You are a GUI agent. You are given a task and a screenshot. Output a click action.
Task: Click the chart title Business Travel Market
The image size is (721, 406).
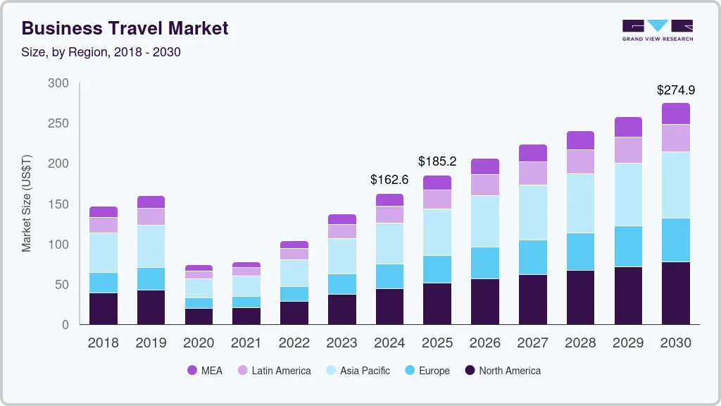(x=125, y=28)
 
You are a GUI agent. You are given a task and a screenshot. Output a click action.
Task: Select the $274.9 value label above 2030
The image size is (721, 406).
(x=675, y=90)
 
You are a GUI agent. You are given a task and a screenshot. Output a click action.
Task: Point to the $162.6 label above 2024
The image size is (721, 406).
(x=389, y=180)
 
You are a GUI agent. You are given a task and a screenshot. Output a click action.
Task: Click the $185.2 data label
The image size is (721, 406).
(x=437, y=161)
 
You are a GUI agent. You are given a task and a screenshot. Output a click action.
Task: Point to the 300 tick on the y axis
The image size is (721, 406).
(x=58, y=83)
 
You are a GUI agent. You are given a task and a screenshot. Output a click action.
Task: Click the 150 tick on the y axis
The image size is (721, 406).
(x=58, y=204)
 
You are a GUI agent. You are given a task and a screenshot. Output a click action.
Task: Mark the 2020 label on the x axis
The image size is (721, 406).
(x=199, y=343)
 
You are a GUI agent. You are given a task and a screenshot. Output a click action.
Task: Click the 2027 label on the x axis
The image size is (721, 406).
(x=532, y=343)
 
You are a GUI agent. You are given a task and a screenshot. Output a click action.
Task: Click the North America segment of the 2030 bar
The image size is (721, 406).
(x=676, y=293)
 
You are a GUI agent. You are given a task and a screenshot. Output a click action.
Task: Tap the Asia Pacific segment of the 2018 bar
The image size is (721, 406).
(x=104, y=252)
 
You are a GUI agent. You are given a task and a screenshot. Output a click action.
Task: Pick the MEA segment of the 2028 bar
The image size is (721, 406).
(x=580, y=140)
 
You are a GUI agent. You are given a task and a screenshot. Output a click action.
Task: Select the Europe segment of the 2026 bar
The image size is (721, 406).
(x=484, y=263)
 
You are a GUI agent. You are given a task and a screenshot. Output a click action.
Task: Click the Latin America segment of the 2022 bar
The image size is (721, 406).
(x=294, y=254)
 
